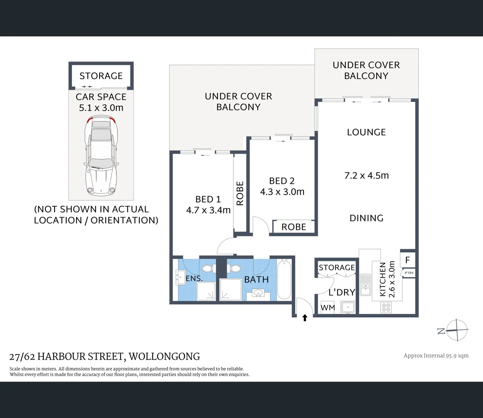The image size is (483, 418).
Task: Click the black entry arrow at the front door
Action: click(x=305, y=318)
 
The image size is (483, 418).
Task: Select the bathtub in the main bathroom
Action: click(x=284, y=280)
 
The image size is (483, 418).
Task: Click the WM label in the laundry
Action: click(x=328, y=308)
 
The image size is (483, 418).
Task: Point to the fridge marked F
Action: click(x=408, y=260)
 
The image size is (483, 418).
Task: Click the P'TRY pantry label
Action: click(x=409, y=273)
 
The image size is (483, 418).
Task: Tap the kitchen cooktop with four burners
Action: click(x=386, y=307)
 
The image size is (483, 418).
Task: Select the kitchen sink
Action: click(x=365, y=284)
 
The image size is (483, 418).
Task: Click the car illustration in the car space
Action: click(x=101, y=156)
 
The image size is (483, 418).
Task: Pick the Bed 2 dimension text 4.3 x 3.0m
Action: click(x=282, y=192)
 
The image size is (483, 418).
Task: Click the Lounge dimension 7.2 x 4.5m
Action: click(x=367, y=175)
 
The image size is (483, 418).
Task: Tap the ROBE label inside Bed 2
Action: click(x=294, y=227)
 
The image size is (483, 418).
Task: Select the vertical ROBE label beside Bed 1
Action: click(x=240, y=193)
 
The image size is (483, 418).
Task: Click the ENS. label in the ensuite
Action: click(x=194, y=278)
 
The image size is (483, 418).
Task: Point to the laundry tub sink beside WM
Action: click(x=348, y=307)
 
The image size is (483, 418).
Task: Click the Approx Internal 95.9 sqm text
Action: click(x=436, y=356)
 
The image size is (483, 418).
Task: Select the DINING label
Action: click(x=367, y=218)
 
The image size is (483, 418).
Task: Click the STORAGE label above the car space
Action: click(x=101, y=76)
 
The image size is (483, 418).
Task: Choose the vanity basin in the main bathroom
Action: click(x=258, y=293)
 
